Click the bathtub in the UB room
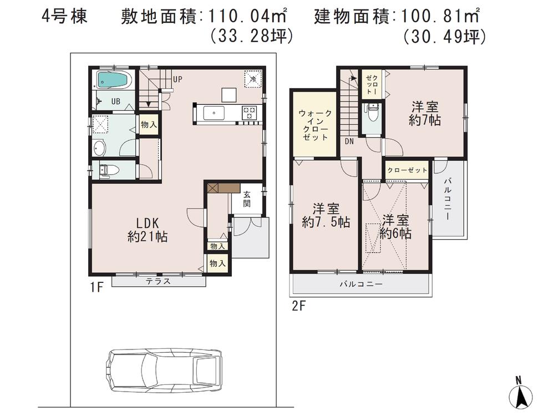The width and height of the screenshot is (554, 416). [x=114, y=80]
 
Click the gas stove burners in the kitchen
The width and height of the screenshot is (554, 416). [x=248, y=113]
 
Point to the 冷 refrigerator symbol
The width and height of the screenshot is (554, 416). [x=252, y=79]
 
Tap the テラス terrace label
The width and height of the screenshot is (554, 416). [x=158, y=282]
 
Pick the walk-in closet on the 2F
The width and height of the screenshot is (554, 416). [x=316, y=125]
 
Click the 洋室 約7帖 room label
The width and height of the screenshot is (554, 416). [x=424, y=113]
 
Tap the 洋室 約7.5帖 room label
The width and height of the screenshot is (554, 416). [x=326, y=216]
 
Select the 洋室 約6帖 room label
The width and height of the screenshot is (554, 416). [x=395, y=226]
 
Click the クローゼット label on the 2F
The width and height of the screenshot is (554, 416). [x=407, y=170]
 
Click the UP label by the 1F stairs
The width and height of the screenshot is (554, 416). [x=177, y=79]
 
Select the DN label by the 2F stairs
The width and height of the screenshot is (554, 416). [x=349, y=141]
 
